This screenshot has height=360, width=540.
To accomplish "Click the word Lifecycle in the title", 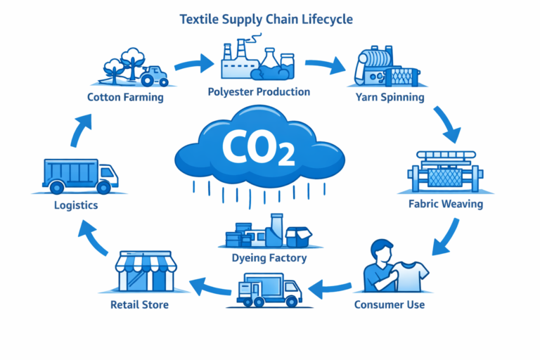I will tap(328, 18).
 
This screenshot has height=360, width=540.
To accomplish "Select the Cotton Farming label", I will tap(125, 97).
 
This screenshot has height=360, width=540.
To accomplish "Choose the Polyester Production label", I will tap(259, 92).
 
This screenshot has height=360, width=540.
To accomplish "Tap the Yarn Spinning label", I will tap(390, 97).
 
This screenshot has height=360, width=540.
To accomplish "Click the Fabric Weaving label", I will tap(446, 205).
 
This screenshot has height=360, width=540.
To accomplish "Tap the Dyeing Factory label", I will tap(269, 258).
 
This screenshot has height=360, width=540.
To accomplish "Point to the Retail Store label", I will tap(139, 305).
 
